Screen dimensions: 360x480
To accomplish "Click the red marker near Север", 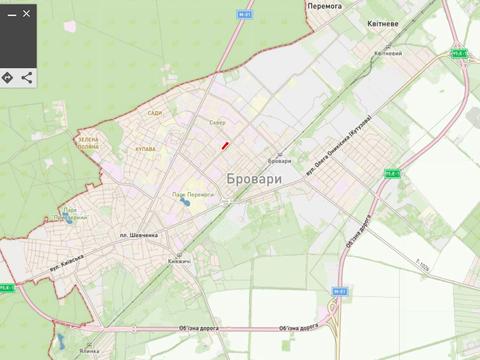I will [x=226, y=146].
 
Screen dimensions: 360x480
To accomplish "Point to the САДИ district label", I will [x=154, y=113].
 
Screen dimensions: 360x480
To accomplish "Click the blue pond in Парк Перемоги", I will [x=185, y=203].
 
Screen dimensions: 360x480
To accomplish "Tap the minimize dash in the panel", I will [x=11, y=14].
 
